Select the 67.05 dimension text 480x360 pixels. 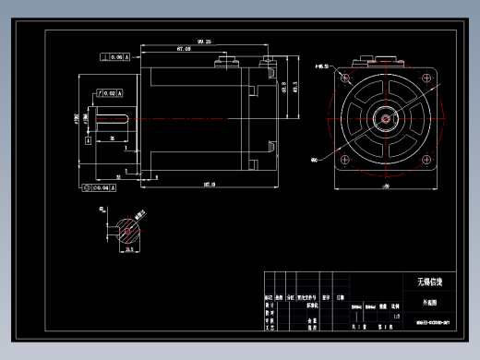point(183,49)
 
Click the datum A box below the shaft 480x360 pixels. point(89,141)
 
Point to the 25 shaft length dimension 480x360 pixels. point(112,138)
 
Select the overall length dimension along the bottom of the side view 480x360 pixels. point(209,185)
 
